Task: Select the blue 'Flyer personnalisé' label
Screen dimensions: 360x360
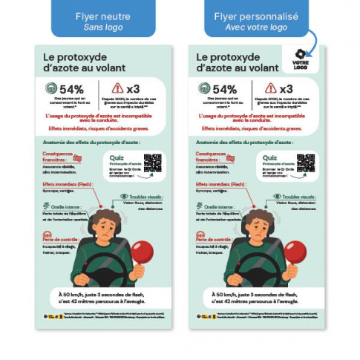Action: coord(255,21)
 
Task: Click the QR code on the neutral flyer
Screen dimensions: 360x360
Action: coord(152,163)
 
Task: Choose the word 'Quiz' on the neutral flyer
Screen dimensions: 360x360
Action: coord(116,157)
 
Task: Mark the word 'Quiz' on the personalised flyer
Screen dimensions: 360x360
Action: coord(269,157)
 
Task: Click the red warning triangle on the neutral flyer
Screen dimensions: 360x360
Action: coord(117,88)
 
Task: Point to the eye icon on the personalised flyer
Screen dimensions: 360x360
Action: coord(278,197)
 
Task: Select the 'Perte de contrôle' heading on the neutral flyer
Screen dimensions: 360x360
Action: coord(61,240)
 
